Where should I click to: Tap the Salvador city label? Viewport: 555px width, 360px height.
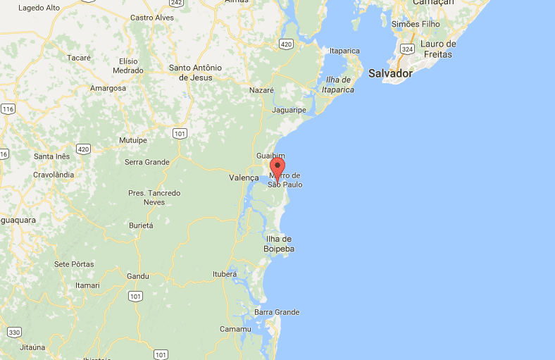(x=390, y=73)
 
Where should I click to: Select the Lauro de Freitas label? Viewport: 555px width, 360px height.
(x=438, y=49)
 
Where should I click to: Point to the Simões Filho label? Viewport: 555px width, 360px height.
(x=416, y=24)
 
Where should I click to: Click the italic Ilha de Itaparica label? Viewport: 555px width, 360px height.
(x=338, y=84)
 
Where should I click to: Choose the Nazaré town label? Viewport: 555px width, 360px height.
(x=261, y=90)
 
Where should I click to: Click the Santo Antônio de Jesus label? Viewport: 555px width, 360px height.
(x=195, y=73)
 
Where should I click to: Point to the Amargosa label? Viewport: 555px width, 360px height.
(x=108, y=88)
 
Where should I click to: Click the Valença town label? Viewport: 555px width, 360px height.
(x=244, y=178)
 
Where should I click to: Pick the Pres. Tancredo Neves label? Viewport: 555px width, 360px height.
(x=154, y=197)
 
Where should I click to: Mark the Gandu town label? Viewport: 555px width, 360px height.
(x=138, y=276)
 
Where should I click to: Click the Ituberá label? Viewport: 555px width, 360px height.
(x=225, y=274)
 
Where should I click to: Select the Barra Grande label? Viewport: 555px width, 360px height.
(x=277, y=312)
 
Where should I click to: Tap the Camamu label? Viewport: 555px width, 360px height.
(x=235, y=329)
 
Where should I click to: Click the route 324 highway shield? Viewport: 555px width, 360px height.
(x=408, y=50)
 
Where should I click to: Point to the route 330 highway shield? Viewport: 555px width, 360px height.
(x=14, y=332)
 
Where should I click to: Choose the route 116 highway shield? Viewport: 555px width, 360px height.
(x=8, y=108)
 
